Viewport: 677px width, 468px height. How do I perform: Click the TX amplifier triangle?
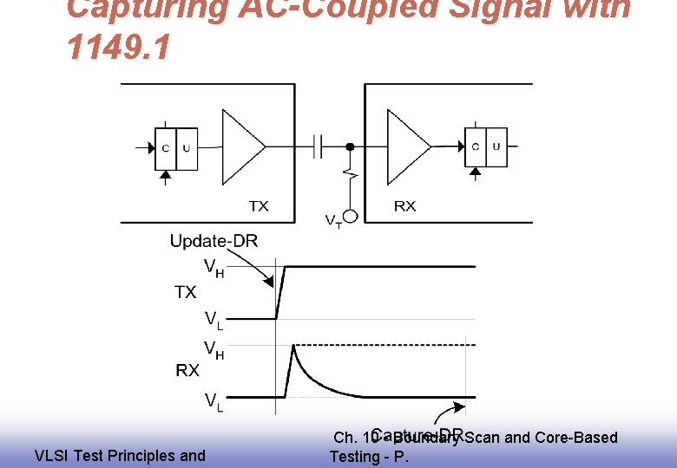242,146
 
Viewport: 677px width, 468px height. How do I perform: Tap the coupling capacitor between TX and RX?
319,146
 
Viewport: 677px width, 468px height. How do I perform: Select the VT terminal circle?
351,217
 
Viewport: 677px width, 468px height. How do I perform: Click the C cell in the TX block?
166,147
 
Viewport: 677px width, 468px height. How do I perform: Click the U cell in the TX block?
187,147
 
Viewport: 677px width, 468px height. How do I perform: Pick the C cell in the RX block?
476,146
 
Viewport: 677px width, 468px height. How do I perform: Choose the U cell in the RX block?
496,146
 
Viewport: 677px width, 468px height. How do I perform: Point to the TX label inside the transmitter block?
259,205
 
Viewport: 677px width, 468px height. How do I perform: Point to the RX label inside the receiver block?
404,205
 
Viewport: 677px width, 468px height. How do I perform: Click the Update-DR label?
214,241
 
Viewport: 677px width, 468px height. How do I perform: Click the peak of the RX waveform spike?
294,347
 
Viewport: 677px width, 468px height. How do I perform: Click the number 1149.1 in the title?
115,49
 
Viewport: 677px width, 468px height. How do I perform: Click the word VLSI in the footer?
51,455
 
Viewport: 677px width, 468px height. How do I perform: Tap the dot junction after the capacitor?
350,146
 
